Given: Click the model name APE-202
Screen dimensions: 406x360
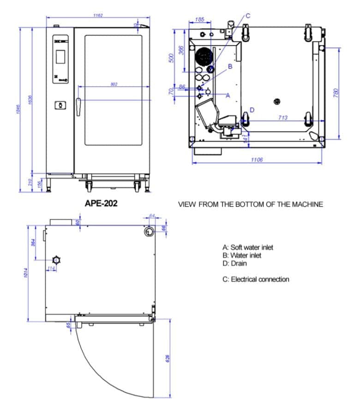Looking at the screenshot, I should point(101,203).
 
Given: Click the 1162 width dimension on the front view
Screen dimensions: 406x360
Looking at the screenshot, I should point(97,15).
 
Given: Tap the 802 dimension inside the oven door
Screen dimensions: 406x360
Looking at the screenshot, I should point(114,84).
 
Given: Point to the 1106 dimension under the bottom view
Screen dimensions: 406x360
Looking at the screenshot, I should point(257,160).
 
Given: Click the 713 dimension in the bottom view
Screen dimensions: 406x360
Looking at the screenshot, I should point(282,118).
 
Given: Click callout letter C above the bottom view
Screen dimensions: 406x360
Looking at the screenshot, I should point(248,15).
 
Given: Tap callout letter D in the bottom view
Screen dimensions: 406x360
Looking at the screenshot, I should point(252,110).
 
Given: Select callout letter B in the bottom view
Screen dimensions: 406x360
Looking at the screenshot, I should point(230,66).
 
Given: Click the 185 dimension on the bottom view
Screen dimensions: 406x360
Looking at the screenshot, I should point(199,19).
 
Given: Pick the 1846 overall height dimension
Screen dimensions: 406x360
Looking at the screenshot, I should point(19,109).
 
